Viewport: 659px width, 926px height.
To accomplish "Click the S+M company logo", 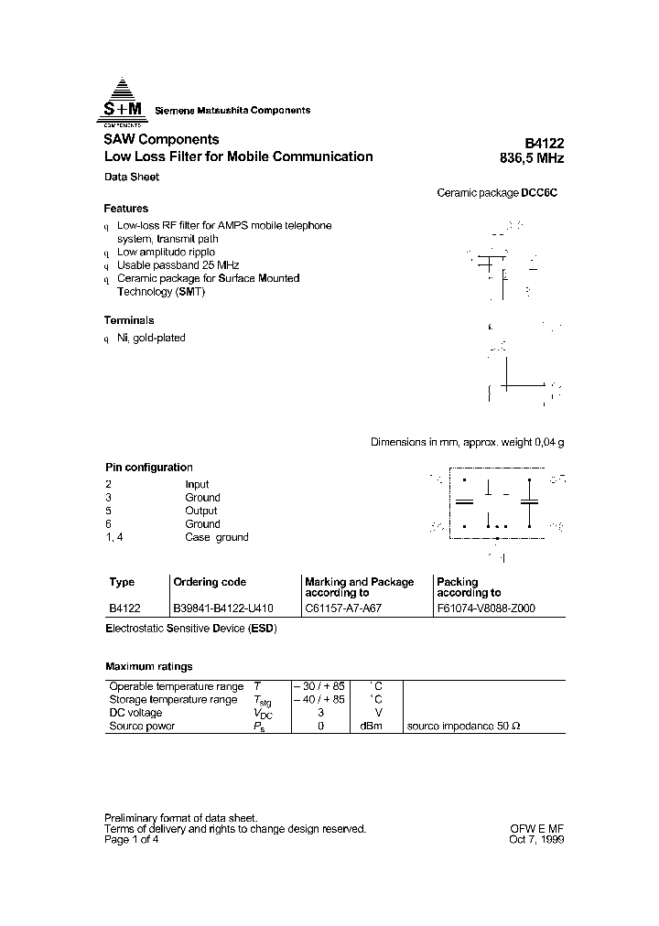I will pos(122,102).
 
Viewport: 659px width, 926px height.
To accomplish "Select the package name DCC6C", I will pos(539,193).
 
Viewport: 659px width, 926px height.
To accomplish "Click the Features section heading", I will pos(126,209).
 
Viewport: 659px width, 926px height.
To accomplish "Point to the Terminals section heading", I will pos(129,320).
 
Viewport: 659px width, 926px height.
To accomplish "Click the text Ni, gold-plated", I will pos(151,338).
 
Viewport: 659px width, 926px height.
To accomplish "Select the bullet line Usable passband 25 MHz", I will pos(178,265).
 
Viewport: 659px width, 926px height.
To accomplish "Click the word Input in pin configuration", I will pos(197,484).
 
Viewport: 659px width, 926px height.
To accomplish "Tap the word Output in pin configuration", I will pos(200,511).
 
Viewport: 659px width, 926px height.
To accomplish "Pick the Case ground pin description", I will pos(216,537).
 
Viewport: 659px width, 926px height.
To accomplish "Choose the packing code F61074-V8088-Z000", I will pos(486,608).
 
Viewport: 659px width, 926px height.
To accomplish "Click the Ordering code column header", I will pos(210,582).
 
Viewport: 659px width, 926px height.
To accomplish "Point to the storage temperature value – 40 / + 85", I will pos(319,699).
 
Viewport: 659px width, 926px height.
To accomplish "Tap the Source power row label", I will pos(142,726).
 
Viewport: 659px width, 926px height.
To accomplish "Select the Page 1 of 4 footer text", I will pos(133,839).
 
